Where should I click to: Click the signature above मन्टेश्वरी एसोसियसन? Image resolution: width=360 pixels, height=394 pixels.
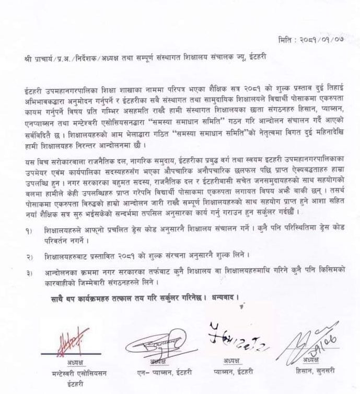[69, 342]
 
